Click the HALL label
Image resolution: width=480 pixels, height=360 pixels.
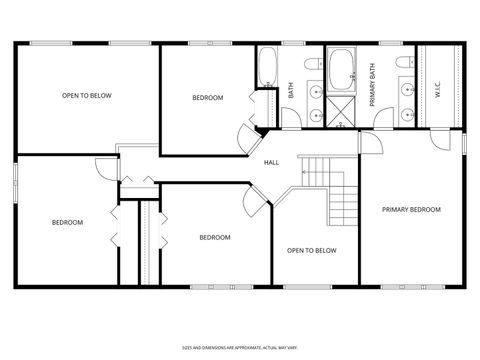tap(271, 162)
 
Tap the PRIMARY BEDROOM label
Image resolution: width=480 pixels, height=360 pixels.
tap(412, 209)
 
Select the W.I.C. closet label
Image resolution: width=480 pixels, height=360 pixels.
tap(438, 89)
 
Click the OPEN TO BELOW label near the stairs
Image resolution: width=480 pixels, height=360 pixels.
tap(311, 250)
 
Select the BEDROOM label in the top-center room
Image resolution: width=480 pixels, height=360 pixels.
tap(208, 97)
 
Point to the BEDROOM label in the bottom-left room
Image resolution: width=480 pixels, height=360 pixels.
tap(67, 222)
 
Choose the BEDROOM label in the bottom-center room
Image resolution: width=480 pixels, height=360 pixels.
tap(214, 237)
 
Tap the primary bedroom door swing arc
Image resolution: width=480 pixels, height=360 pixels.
tap(370, 141)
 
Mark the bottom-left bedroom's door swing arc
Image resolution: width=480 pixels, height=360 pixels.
tap(105, 167)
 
